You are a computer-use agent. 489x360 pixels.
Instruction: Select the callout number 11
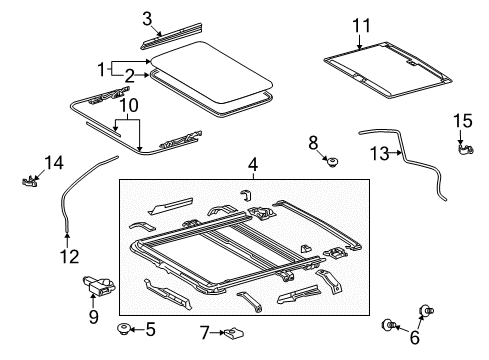(x=360, y=24)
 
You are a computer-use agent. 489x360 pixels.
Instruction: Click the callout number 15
(x=462, y=121)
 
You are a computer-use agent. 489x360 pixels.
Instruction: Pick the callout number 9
(x=93, y=318)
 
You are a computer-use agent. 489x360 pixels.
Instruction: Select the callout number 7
(x=204, y=332)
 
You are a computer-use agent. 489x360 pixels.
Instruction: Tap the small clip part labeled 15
(x=464, y=150)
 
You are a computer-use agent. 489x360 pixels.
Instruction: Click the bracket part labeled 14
(x=30, y=180)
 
